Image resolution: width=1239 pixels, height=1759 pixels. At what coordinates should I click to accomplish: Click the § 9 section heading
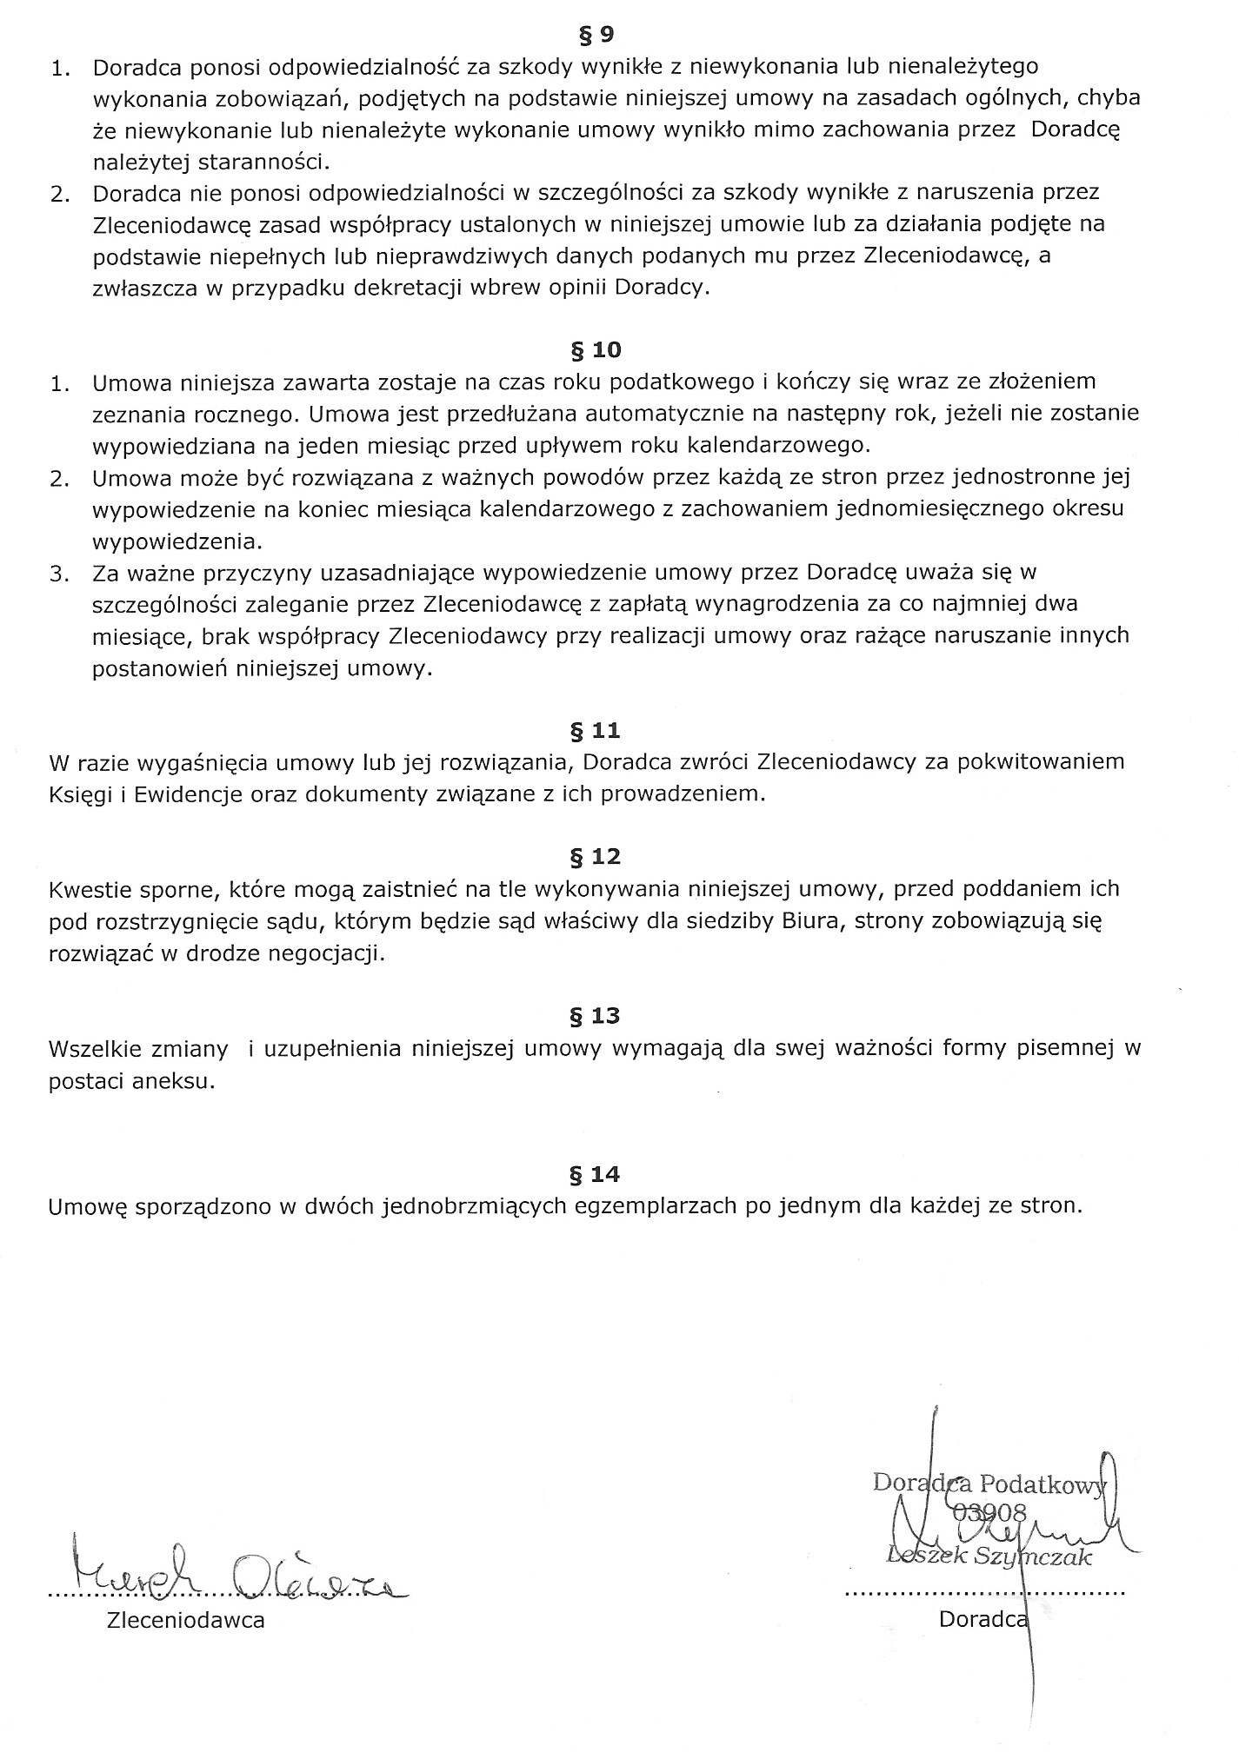click(x=596, y=36)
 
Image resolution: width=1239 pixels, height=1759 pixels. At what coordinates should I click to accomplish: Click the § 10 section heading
click(x=595, y=350)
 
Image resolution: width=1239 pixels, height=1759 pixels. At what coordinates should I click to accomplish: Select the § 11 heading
click(x=595, y=730)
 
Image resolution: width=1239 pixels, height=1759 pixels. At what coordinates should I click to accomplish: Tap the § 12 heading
click(x=595, y=857)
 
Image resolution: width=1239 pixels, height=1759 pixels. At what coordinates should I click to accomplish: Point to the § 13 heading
click(x=595, y=1015)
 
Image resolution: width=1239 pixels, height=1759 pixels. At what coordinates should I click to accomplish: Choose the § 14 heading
click(x=595, y=1174)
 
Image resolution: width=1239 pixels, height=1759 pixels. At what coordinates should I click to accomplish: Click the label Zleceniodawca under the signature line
click(x=185, y=1620)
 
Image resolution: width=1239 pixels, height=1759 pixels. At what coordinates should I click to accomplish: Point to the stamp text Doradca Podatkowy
click(x=988, y=1483)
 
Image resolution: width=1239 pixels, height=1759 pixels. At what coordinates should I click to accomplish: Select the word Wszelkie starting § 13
click(x=95, y=1048)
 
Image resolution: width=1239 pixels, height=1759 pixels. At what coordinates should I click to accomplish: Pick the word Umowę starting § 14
click(x=88, y=1206)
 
